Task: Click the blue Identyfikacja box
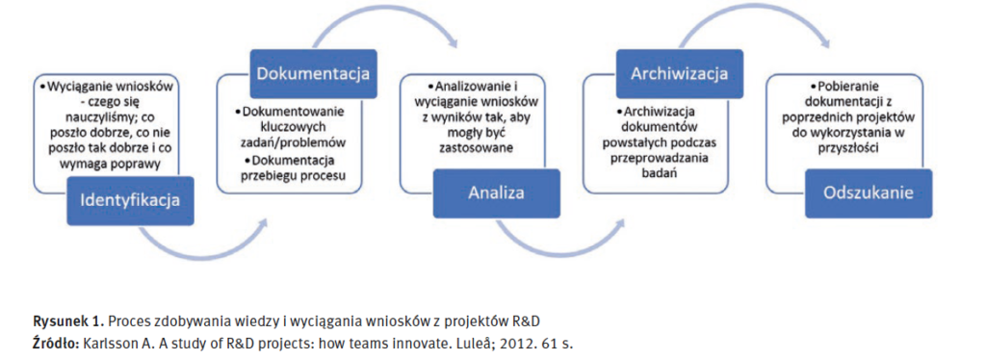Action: [x=130, y=200]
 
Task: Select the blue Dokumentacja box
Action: [x=312, y=74]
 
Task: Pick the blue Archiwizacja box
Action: [x=680, y=74]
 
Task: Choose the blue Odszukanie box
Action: [x=869, y=193]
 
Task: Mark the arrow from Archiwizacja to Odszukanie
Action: [x=755, y=13]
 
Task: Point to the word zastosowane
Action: [x=481, y=149]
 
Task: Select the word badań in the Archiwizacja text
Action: [x=660, y=172]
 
